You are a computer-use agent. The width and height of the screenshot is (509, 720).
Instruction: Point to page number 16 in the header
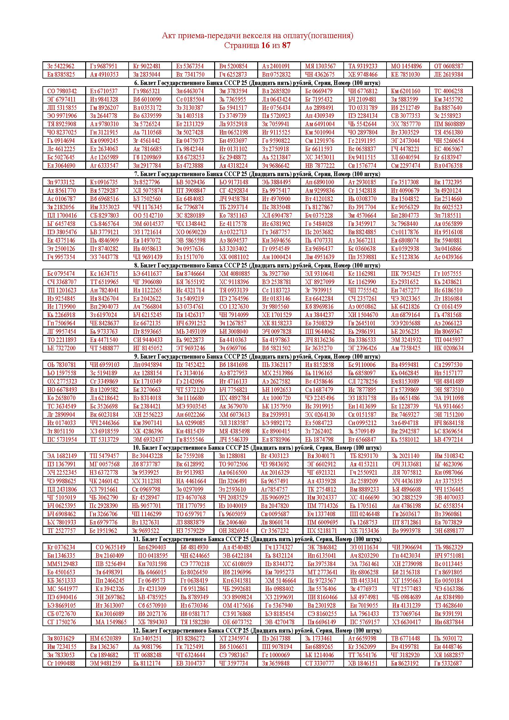[x=265, y=46]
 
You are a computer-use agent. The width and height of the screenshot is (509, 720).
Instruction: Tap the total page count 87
[x=286, y=46]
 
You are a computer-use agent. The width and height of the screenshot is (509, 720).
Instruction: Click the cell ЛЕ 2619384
[x=448, y=74]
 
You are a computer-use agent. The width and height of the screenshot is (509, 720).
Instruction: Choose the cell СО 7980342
[x=62, y=91]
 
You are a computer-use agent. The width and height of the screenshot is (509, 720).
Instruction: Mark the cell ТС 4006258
[x=448, y=91]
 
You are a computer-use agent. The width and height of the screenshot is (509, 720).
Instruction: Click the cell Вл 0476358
[x=448, y=166]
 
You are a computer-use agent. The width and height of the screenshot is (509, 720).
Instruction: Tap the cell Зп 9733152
[x=61, y=182]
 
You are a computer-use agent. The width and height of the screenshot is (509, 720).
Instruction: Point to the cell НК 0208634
[x=448, y=348]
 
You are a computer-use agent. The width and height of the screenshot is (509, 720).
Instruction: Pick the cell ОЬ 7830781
[x=62, y=365]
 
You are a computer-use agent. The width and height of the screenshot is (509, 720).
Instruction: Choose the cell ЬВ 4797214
[x=448, y=439]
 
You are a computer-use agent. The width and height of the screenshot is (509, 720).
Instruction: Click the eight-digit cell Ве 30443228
[x=147, y=456]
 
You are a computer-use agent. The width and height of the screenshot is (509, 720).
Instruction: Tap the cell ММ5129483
[x=62, y=564]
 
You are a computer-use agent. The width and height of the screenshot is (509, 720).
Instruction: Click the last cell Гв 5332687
[x=448, y=663]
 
